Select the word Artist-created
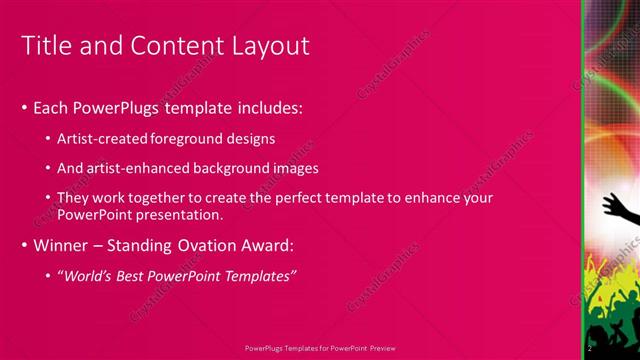pyautogui.click(x=98, y=138)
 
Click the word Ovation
pyautogui.click(x=205, y=245)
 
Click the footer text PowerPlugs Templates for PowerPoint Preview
pyautogui.click(x=320, y=348)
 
